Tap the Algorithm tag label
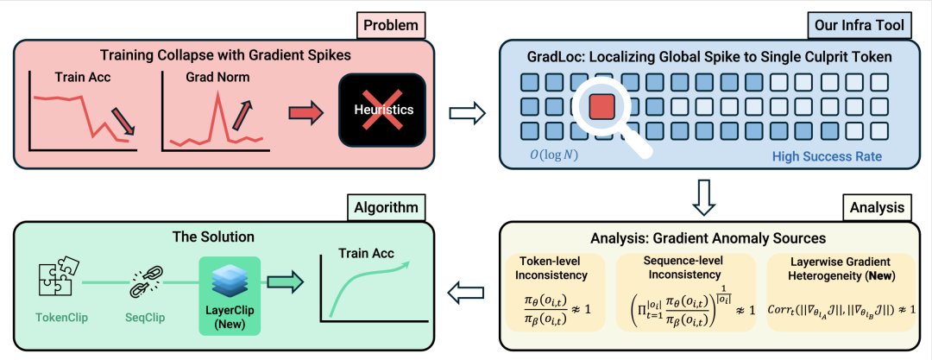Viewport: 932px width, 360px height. (384, 207)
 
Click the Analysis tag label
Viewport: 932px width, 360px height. (876, 207)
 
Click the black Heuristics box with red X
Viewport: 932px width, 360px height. (382, 110)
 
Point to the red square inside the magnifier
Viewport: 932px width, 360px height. (601, 108)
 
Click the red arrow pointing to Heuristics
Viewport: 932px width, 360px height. (303, 111)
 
